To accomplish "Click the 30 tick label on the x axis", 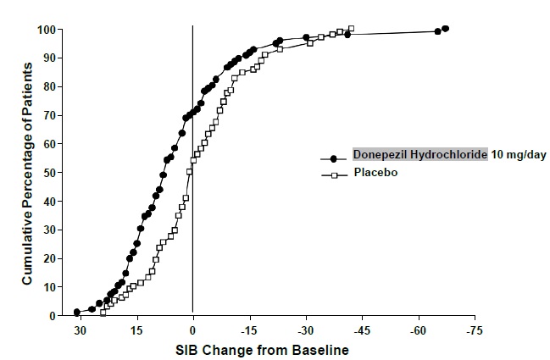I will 80,330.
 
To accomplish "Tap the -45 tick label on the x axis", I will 362,330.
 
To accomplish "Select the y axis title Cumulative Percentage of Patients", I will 27,172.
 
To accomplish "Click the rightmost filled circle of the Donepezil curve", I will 446,29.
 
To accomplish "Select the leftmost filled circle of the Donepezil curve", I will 77,312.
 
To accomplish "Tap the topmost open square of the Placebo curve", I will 351,29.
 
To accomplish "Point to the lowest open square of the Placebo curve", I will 103,312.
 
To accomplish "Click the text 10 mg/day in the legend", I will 519,157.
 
